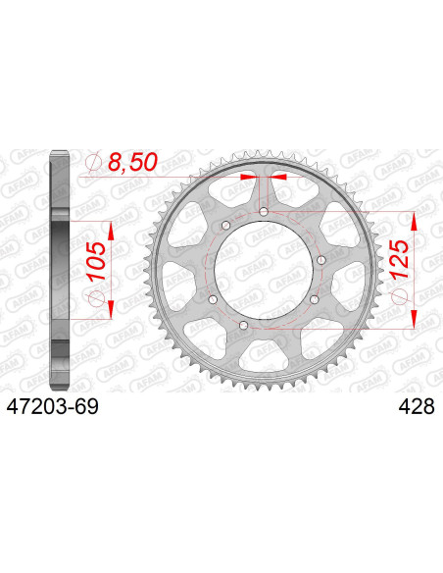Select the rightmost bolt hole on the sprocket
[320, 259]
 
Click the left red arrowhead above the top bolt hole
[249, 178]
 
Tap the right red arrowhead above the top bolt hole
[279, 178]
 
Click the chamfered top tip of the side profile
[60, 154]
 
